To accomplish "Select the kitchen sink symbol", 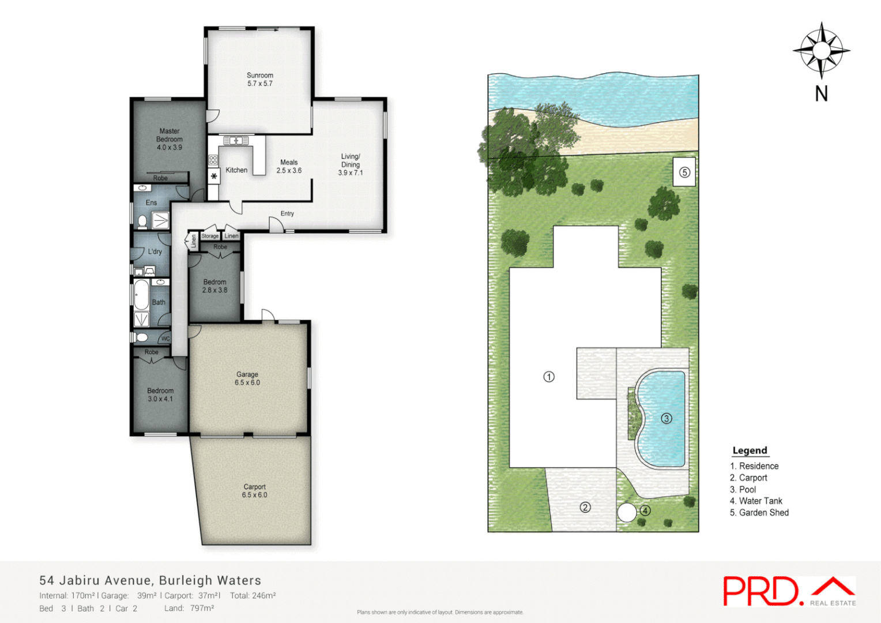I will point(236,140).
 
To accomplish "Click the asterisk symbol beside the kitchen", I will point(214,177).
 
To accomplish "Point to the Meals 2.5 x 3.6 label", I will point(289,167).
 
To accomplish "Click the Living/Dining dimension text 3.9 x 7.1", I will point(351,173).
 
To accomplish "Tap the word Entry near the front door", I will point(287,213).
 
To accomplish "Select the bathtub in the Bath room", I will point(141,294).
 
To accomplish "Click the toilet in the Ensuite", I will point(142,221).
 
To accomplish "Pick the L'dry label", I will point(155,252).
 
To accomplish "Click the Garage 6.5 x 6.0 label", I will point(247,378).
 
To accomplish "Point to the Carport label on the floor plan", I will point(254,487).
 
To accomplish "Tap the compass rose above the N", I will point(821,51).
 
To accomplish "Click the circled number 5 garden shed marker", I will point(684,172).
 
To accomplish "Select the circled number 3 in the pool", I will point(666,419).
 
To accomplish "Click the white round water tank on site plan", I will point(627,513).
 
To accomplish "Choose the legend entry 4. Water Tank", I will point(756,501).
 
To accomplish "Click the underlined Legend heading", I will point(750,451).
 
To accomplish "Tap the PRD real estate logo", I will point(789,591).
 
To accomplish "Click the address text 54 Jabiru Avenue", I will point(95,581).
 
